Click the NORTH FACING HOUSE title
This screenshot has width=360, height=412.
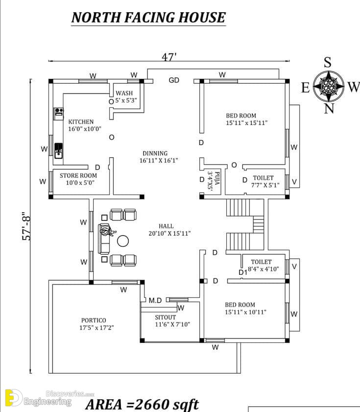(148, 18)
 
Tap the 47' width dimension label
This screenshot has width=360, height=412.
(169, 57)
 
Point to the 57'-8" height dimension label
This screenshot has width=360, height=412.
(26, 226)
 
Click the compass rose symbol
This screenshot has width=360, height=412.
(329, 86)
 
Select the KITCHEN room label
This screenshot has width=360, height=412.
(81, 121)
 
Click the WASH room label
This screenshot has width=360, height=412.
(124, 93)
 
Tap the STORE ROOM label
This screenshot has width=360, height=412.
(78, 175)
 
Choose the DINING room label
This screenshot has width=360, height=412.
(155, 153)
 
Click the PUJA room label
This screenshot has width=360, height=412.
(217, 178)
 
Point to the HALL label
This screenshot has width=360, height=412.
(166, 226)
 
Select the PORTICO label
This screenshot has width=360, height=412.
(94, 320)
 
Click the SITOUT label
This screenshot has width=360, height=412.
(165, 317)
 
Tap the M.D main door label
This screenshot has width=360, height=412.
(155, 300)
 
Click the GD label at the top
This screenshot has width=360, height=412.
(174, 80)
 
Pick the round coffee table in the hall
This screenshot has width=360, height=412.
(123, 241)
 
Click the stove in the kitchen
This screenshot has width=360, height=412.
(59, 114)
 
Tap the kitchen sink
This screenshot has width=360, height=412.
(58, 151)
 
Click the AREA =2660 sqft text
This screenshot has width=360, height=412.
(142, 404)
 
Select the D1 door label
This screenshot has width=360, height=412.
(243, 272)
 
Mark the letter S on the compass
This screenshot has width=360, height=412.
(327, 63)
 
